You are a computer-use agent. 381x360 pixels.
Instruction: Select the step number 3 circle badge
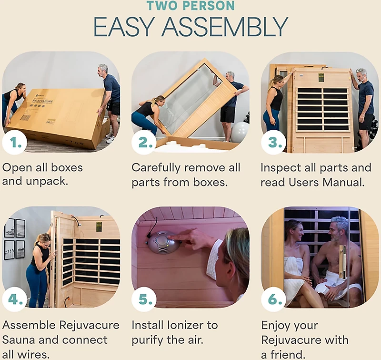[x=273, y=143]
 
